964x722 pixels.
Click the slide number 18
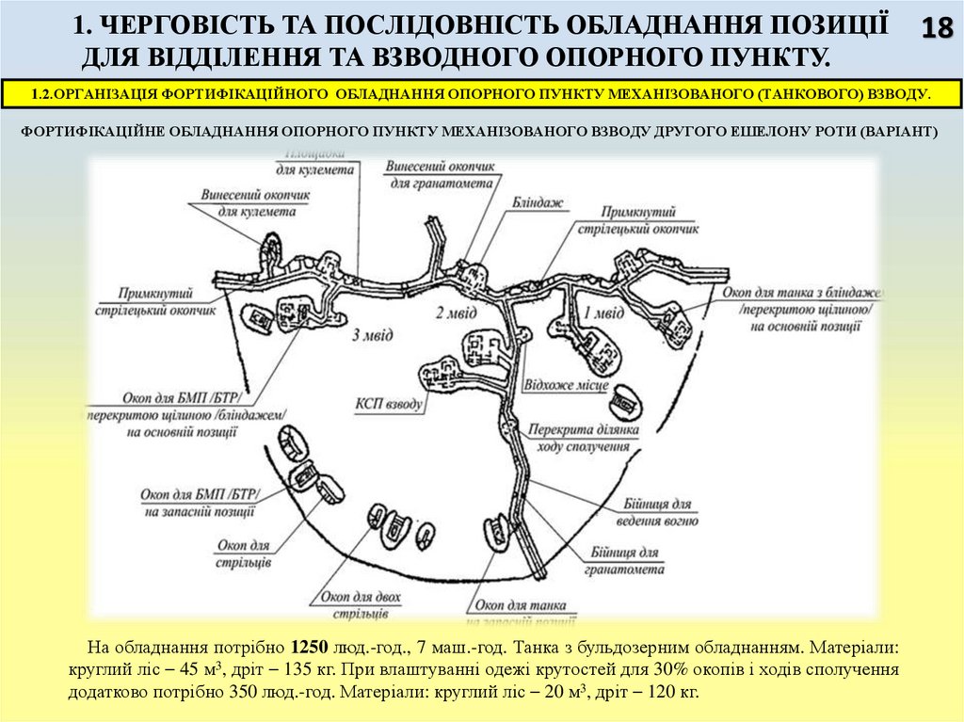click(936, 28)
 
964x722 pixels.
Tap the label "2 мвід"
click(456, 313)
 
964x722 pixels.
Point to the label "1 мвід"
click(603, 313)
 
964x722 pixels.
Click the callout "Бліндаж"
click(537, 201)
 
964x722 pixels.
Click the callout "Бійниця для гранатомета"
click(628, 560)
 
